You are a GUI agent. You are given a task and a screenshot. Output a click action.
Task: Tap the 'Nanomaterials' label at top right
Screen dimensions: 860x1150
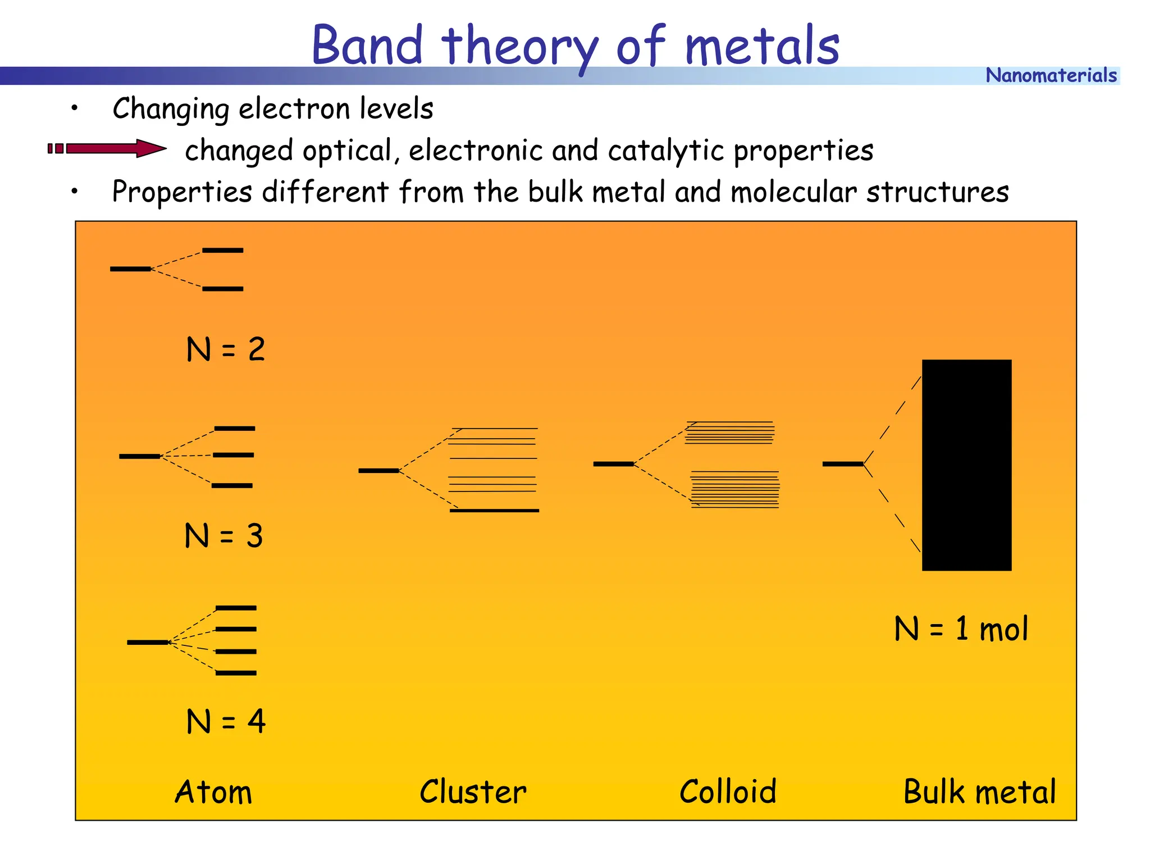point(1051,75)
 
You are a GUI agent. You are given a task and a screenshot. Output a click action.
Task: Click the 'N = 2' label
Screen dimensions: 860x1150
point(225,349)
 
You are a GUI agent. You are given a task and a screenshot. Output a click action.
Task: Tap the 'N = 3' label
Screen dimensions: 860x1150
point(223,535)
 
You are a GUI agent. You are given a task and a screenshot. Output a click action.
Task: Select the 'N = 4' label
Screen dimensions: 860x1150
point(225,721)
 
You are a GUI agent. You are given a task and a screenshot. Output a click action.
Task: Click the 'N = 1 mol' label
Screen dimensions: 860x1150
point(961,629)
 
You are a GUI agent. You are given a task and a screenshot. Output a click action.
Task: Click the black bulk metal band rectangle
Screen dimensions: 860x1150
point(966,465)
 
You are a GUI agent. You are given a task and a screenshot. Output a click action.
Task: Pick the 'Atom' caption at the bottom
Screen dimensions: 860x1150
point(213,792)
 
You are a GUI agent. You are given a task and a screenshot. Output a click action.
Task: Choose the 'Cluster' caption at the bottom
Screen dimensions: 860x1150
point(473,792)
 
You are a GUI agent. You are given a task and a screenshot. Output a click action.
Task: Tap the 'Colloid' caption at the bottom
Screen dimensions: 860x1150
point(728,792)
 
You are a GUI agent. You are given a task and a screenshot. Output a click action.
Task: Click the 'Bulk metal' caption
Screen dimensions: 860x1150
point(979,792)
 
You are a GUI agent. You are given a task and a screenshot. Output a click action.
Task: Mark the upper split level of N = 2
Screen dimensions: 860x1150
point(223,251)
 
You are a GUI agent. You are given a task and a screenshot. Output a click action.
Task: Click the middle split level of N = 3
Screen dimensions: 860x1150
point(234,455)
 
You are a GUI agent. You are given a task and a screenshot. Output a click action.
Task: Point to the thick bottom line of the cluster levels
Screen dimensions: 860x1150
point(494,511)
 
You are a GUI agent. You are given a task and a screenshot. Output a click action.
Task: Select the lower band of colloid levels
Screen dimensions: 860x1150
point(735,490)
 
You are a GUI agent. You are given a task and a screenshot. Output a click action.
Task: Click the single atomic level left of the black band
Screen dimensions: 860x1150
point(842,464)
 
